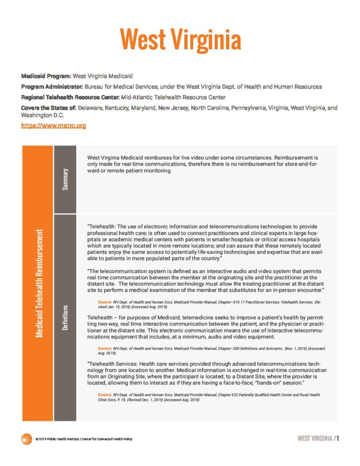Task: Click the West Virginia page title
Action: tap(180, 40)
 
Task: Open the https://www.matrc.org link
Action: tap(54, 125)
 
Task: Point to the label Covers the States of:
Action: tap(49, 108)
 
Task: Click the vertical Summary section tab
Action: tap(65, 179)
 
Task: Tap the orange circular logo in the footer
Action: tap(26, 439)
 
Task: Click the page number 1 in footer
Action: tap(339, 438)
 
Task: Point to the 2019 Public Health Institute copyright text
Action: tap(84, 439)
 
